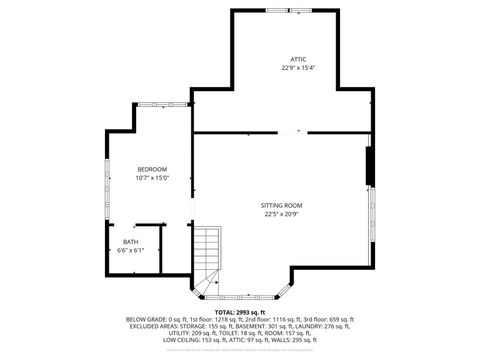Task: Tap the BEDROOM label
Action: point(152,169)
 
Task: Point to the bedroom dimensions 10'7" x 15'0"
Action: point(152,177)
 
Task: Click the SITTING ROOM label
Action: point(283,205)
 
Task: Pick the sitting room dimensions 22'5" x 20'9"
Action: point(283,213)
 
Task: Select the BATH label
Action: point(131,241)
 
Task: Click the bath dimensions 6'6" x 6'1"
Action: point(131,249)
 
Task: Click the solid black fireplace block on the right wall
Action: point(370,166)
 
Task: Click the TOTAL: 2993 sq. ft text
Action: point(240,312)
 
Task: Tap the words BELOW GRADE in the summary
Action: point(146,319)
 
